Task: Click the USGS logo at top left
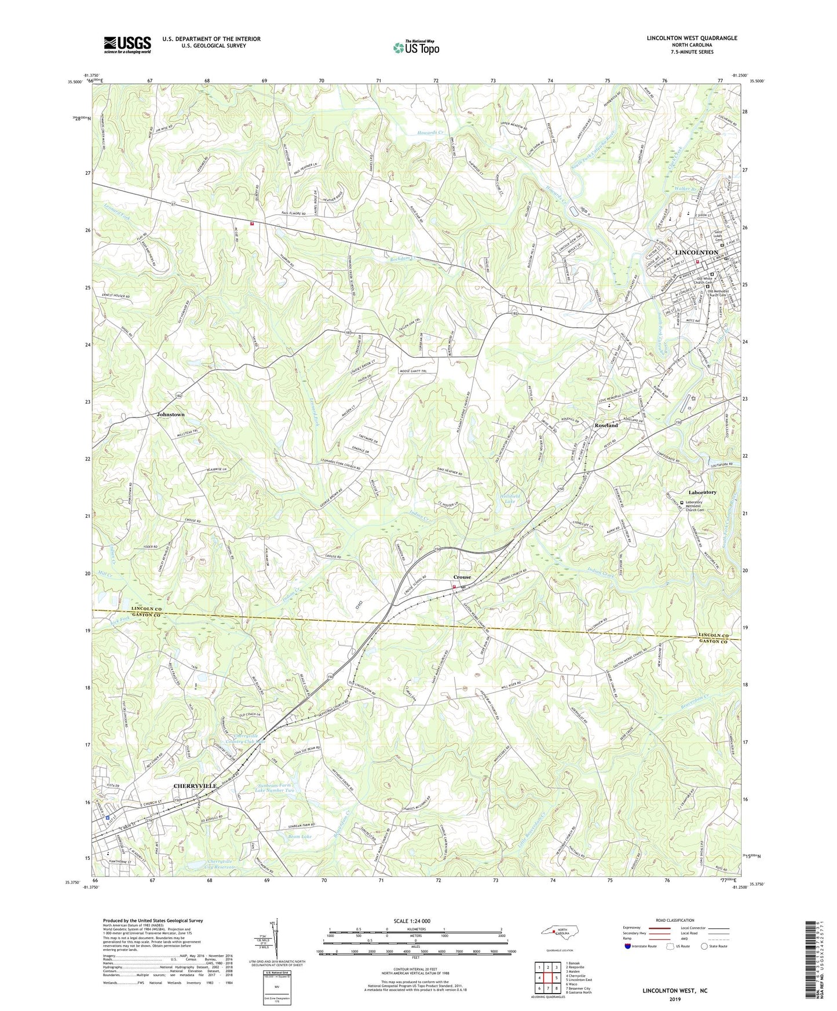[x=127, y=45]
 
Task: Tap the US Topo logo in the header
[x=415, y=47]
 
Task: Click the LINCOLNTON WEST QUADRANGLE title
[x=692, y=38]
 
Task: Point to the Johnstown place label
[x=170, y=415]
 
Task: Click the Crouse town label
[x=462, y=577]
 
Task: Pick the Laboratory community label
[x=702, y=492]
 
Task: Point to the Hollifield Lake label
[x=506, y=499]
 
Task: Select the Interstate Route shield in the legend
[x=628, y=946]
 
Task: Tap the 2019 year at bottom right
[x=675, y=999]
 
